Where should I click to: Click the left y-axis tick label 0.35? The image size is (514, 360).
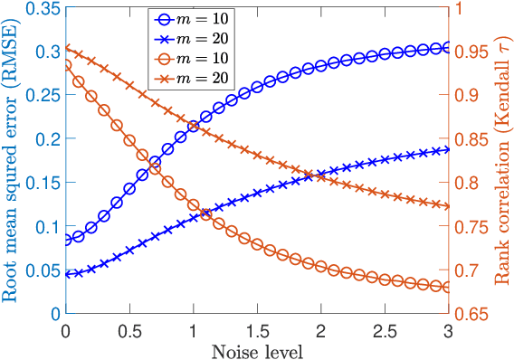pos(40,8)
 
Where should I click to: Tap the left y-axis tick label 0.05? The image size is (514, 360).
pos(40,270)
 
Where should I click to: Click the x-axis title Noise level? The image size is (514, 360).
pos(257,350)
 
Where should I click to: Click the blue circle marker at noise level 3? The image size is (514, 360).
pos(449,48)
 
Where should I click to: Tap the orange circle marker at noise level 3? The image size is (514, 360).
pos(449,288)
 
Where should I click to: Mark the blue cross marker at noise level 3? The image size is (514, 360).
pos(449,149)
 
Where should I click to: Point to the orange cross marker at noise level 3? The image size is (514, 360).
pos(449,206)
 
